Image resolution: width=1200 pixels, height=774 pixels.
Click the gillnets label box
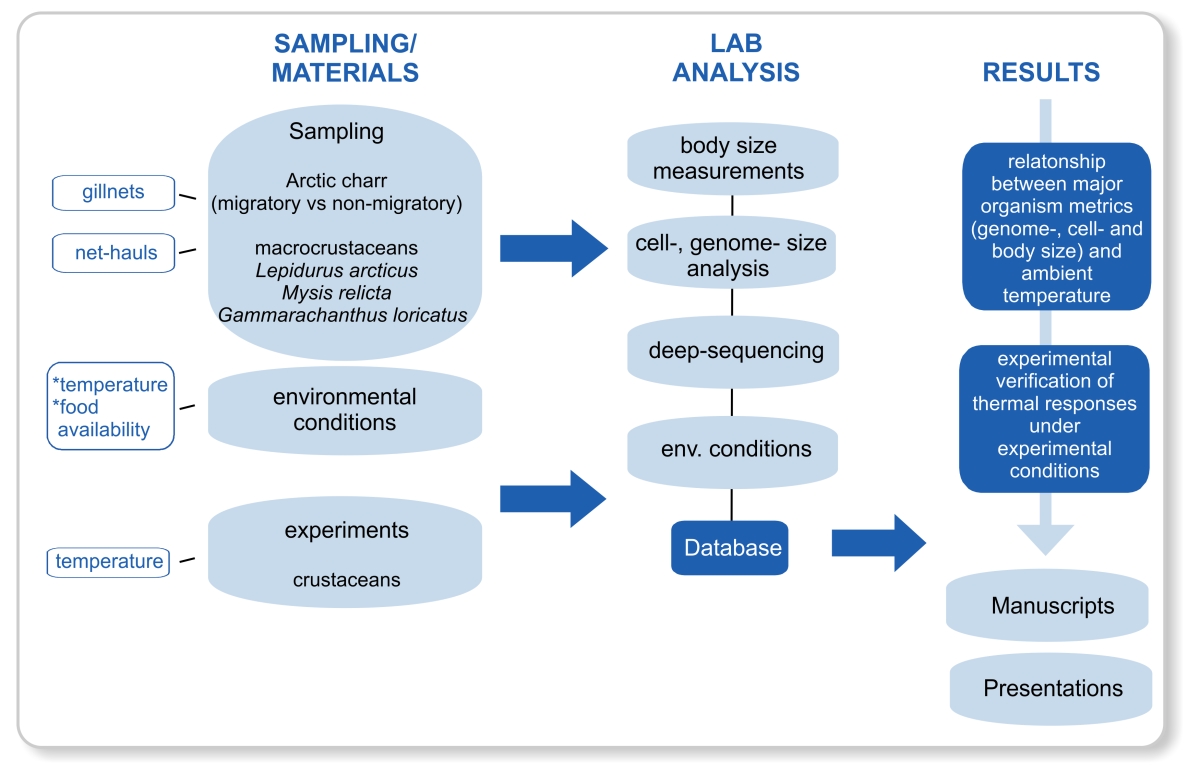coord(113,192)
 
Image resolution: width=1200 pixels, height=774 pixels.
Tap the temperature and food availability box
coord(111,406)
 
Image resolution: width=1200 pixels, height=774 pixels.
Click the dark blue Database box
coord(729,548)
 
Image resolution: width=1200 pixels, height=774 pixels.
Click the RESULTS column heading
coord(1041,72)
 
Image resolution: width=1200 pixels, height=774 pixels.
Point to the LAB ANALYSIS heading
coord(735,57)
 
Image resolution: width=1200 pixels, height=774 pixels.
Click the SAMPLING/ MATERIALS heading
coord(345,57)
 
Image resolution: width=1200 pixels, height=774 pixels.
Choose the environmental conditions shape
coord(345,409)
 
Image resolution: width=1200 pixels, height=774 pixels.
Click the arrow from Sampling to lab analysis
coord(553,246)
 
